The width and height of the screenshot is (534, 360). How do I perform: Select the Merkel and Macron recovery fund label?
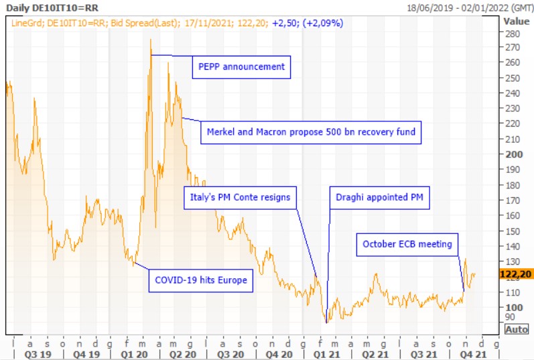pos(311,132)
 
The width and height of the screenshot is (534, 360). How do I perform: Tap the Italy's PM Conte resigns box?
pos(237,198)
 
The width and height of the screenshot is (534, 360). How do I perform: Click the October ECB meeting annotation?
pos(407,245)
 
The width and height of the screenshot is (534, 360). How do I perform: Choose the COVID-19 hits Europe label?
pos(201,280)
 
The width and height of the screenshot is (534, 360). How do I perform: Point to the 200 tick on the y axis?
pos(512,154)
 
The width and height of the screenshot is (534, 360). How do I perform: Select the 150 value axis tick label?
pos(512,231)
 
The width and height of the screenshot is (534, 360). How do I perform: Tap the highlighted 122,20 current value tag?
pos(516,274)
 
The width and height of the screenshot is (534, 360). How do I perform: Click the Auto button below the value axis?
pos(516,329)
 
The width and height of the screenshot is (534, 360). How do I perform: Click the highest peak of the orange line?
pos(150,40)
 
